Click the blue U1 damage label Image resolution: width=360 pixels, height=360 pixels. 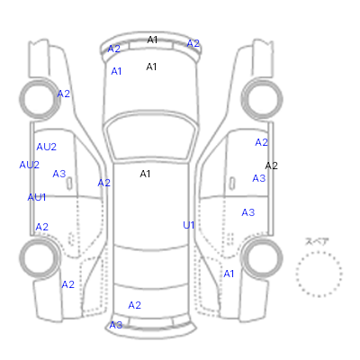189,225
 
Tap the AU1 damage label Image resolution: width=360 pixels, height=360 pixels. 37,197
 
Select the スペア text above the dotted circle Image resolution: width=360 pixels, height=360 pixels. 317,241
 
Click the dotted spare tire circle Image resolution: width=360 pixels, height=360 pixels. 319,253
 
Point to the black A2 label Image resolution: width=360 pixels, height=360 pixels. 272,166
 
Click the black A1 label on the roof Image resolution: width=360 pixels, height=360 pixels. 145,174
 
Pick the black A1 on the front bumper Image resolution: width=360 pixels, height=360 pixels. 152,40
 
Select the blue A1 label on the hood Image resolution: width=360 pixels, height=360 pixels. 116,71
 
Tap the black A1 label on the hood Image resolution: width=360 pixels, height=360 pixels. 151,67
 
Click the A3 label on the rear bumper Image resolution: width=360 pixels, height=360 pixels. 116,325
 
